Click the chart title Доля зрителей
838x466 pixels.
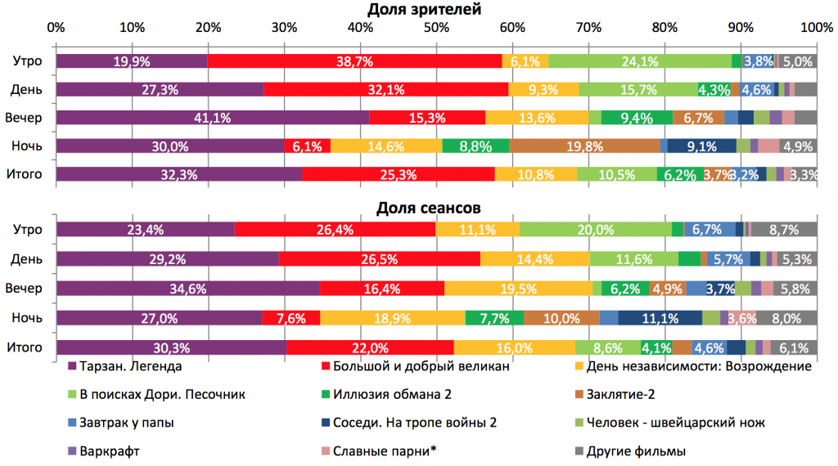[435, 10]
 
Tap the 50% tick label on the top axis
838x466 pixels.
[436, 28]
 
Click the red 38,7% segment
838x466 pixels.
[354, 61]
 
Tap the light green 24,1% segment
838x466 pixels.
[639, 61]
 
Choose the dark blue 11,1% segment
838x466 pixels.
[660, 316]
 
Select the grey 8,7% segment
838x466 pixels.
[784, 231]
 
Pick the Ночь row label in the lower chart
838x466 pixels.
[28, 316]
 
